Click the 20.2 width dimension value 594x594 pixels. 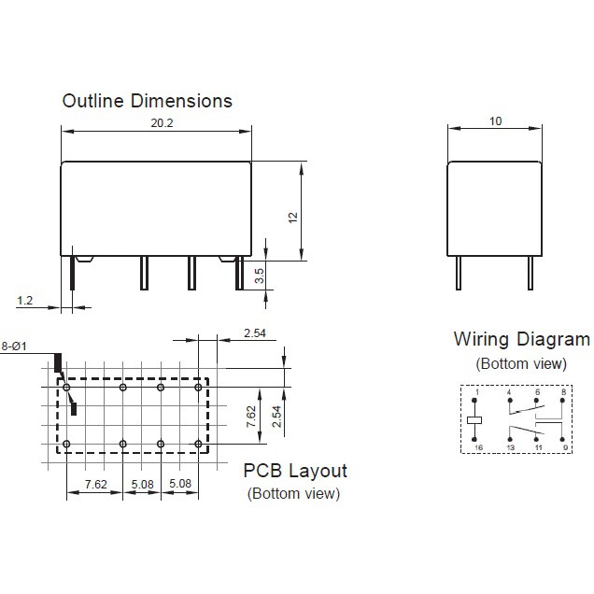[x=162, y=123]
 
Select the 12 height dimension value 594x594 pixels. [x=293, y=218]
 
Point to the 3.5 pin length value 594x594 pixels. [x=260, y=276]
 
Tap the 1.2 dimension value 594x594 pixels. [x=25, y=301]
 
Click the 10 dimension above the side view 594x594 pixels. [x=496, y=121]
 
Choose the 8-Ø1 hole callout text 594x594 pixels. [x=14, y=346]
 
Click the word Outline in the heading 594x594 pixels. [x=93, y=101]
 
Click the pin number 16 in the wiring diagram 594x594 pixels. [x=479, y=447]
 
